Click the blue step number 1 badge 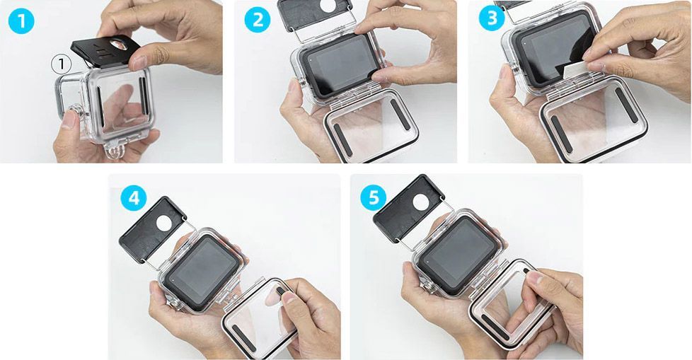pyautogui.click(x=21, y=21)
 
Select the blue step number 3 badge pyautogui.click(x=492, y=18)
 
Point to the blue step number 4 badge pyautogui.click(x=134, y=199)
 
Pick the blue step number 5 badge pyautogui.click(x=374, y=197)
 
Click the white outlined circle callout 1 pyautogui.click(x=62, y=65)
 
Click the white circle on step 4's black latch pyautogui.click(x=164, y=223)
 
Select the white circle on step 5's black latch pyautogui.click(x=420, y=202)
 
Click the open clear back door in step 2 pyautogui.click(x=371, y=125)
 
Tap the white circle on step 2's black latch pyautogui.click(x=328, y=5)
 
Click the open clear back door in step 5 pyautogui.click(x=512, y=303)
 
